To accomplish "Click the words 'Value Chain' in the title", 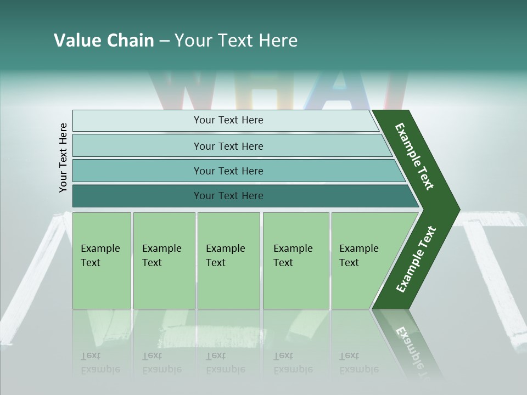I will (x=104, y=41).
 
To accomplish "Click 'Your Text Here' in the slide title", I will (x=236, y=41).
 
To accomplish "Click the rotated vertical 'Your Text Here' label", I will (x=63, y=158).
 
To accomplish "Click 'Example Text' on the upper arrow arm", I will (x=414, y=156).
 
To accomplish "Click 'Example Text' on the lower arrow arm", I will (x=416, y=259).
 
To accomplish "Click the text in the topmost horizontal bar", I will (x=228, y=120).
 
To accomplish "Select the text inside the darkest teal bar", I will (x=228, y=196).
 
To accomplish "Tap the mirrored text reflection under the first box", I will (x=100, y=363).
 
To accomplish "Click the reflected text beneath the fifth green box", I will (x=358, y=363).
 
